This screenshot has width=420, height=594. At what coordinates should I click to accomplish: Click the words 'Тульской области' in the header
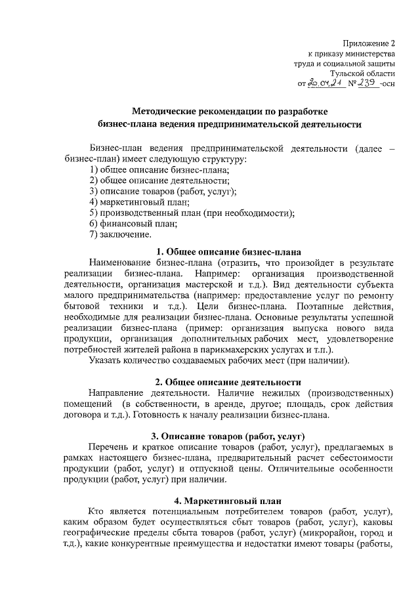tap(362, 74)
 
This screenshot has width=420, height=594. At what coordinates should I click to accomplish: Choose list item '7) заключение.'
tap(120, 234)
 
